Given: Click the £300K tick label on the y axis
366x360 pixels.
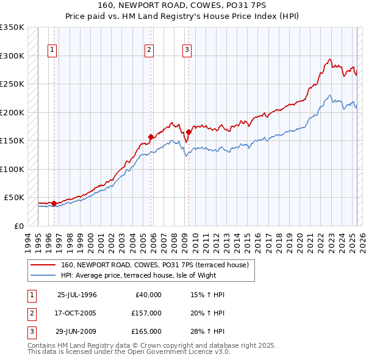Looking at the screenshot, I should pyautogui.click(x=12, y=56).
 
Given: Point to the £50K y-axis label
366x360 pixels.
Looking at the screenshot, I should pyautogui.click(x=14, y=198).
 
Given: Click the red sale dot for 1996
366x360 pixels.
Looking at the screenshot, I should pyautogui.click(x=54, y=203).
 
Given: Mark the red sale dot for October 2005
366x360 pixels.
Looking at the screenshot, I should pyautogui.click(x=151, y=137).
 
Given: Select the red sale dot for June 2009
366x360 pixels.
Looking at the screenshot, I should pyautogui.click(x=189, y=132).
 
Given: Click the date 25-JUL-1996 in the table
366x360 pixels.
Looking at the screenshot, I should pyautogui.click(x=77, y=295).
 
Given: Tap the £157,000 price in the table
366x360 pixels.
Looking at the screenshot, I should pyautogui.click(x=146, y=313).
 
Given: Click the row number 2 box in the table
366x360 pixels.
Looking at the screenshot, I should pyautogui.click(x=31, y=313).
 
